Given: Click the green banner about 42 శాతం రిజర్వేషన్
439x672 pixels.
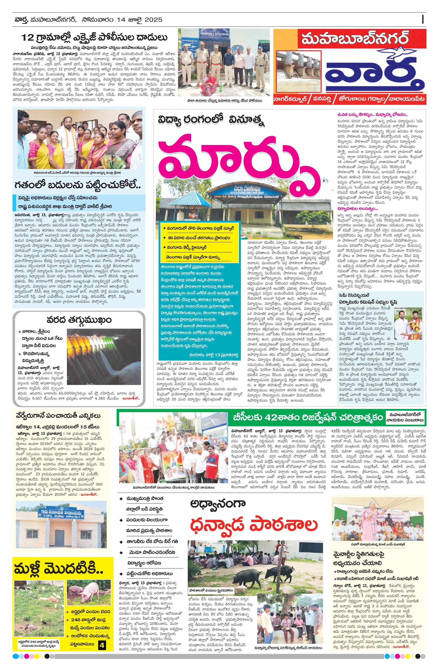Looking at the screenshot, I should click(x=307, y=417).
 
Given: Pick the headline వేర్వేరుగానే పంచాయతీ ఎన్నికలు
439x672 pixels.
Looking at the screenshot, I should click(x=58, y=416).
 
